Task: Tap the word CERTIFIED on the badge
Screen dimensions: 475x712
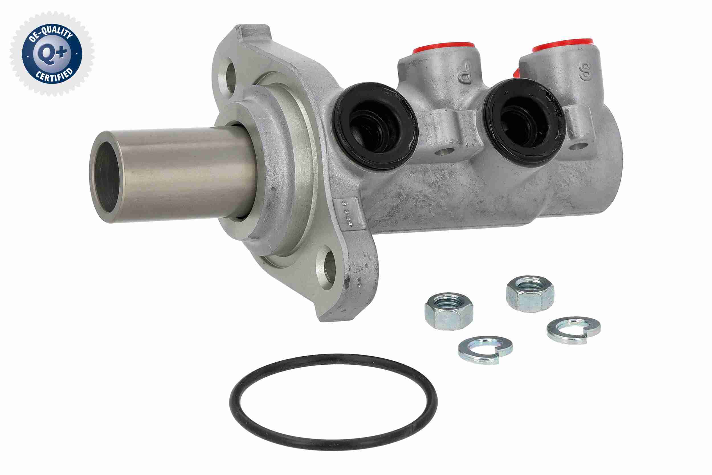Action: (x=55, y=76)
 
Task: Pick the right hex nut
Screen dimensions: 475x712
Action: (x=530, y=293)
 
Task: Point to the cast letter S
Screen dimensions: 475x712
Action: (x=586, y=72)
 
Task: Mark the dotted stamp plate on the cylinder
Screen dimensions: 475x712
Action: (x=348, y=213)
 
